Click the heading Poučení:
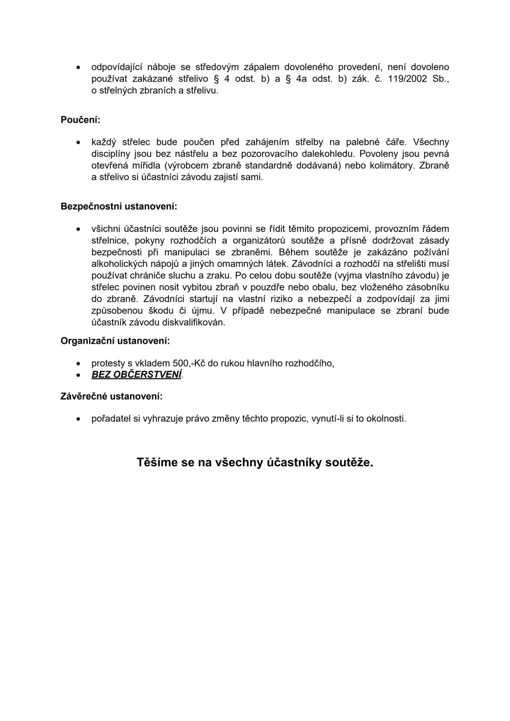[80, 120]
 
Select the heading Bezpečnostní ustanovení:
[119, 207]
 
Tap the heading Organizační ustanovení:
[115, 341]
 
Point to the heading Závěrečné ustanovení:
[111, 397]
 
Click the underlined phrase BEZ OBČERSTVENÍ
[137, 374]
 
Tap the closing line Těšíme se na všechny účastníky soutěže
[255, 463]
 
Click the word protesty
[109, 364]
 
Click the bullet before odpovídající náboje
[79, 68]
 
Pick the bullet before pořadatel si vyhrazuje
[79, 418]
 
